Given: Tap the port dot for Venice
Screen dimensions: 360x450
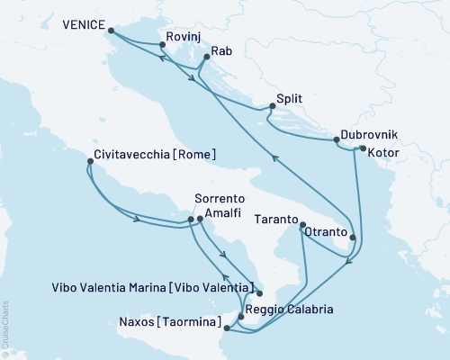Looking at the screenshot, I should click(111, 31).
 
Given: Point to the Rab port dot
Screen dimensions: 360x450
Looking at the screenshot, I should click(206, 58).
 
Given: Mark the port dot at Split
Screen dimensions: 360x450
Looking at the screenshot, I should click(272, 106).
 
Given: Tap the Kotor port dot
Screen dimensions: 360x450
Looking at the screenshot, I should click(362, 148).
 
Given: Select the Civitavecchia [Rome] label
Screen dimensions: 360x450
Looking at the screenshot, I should click(154, 154).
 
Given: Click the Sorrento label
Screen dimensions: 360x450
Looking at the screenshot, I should click(219, 202).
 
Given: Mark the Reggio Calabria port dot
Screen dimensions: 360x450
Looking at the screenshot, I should click(240, 316).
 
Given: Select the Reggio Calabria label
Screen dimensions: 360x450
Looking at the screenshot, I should click(291, 310).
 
